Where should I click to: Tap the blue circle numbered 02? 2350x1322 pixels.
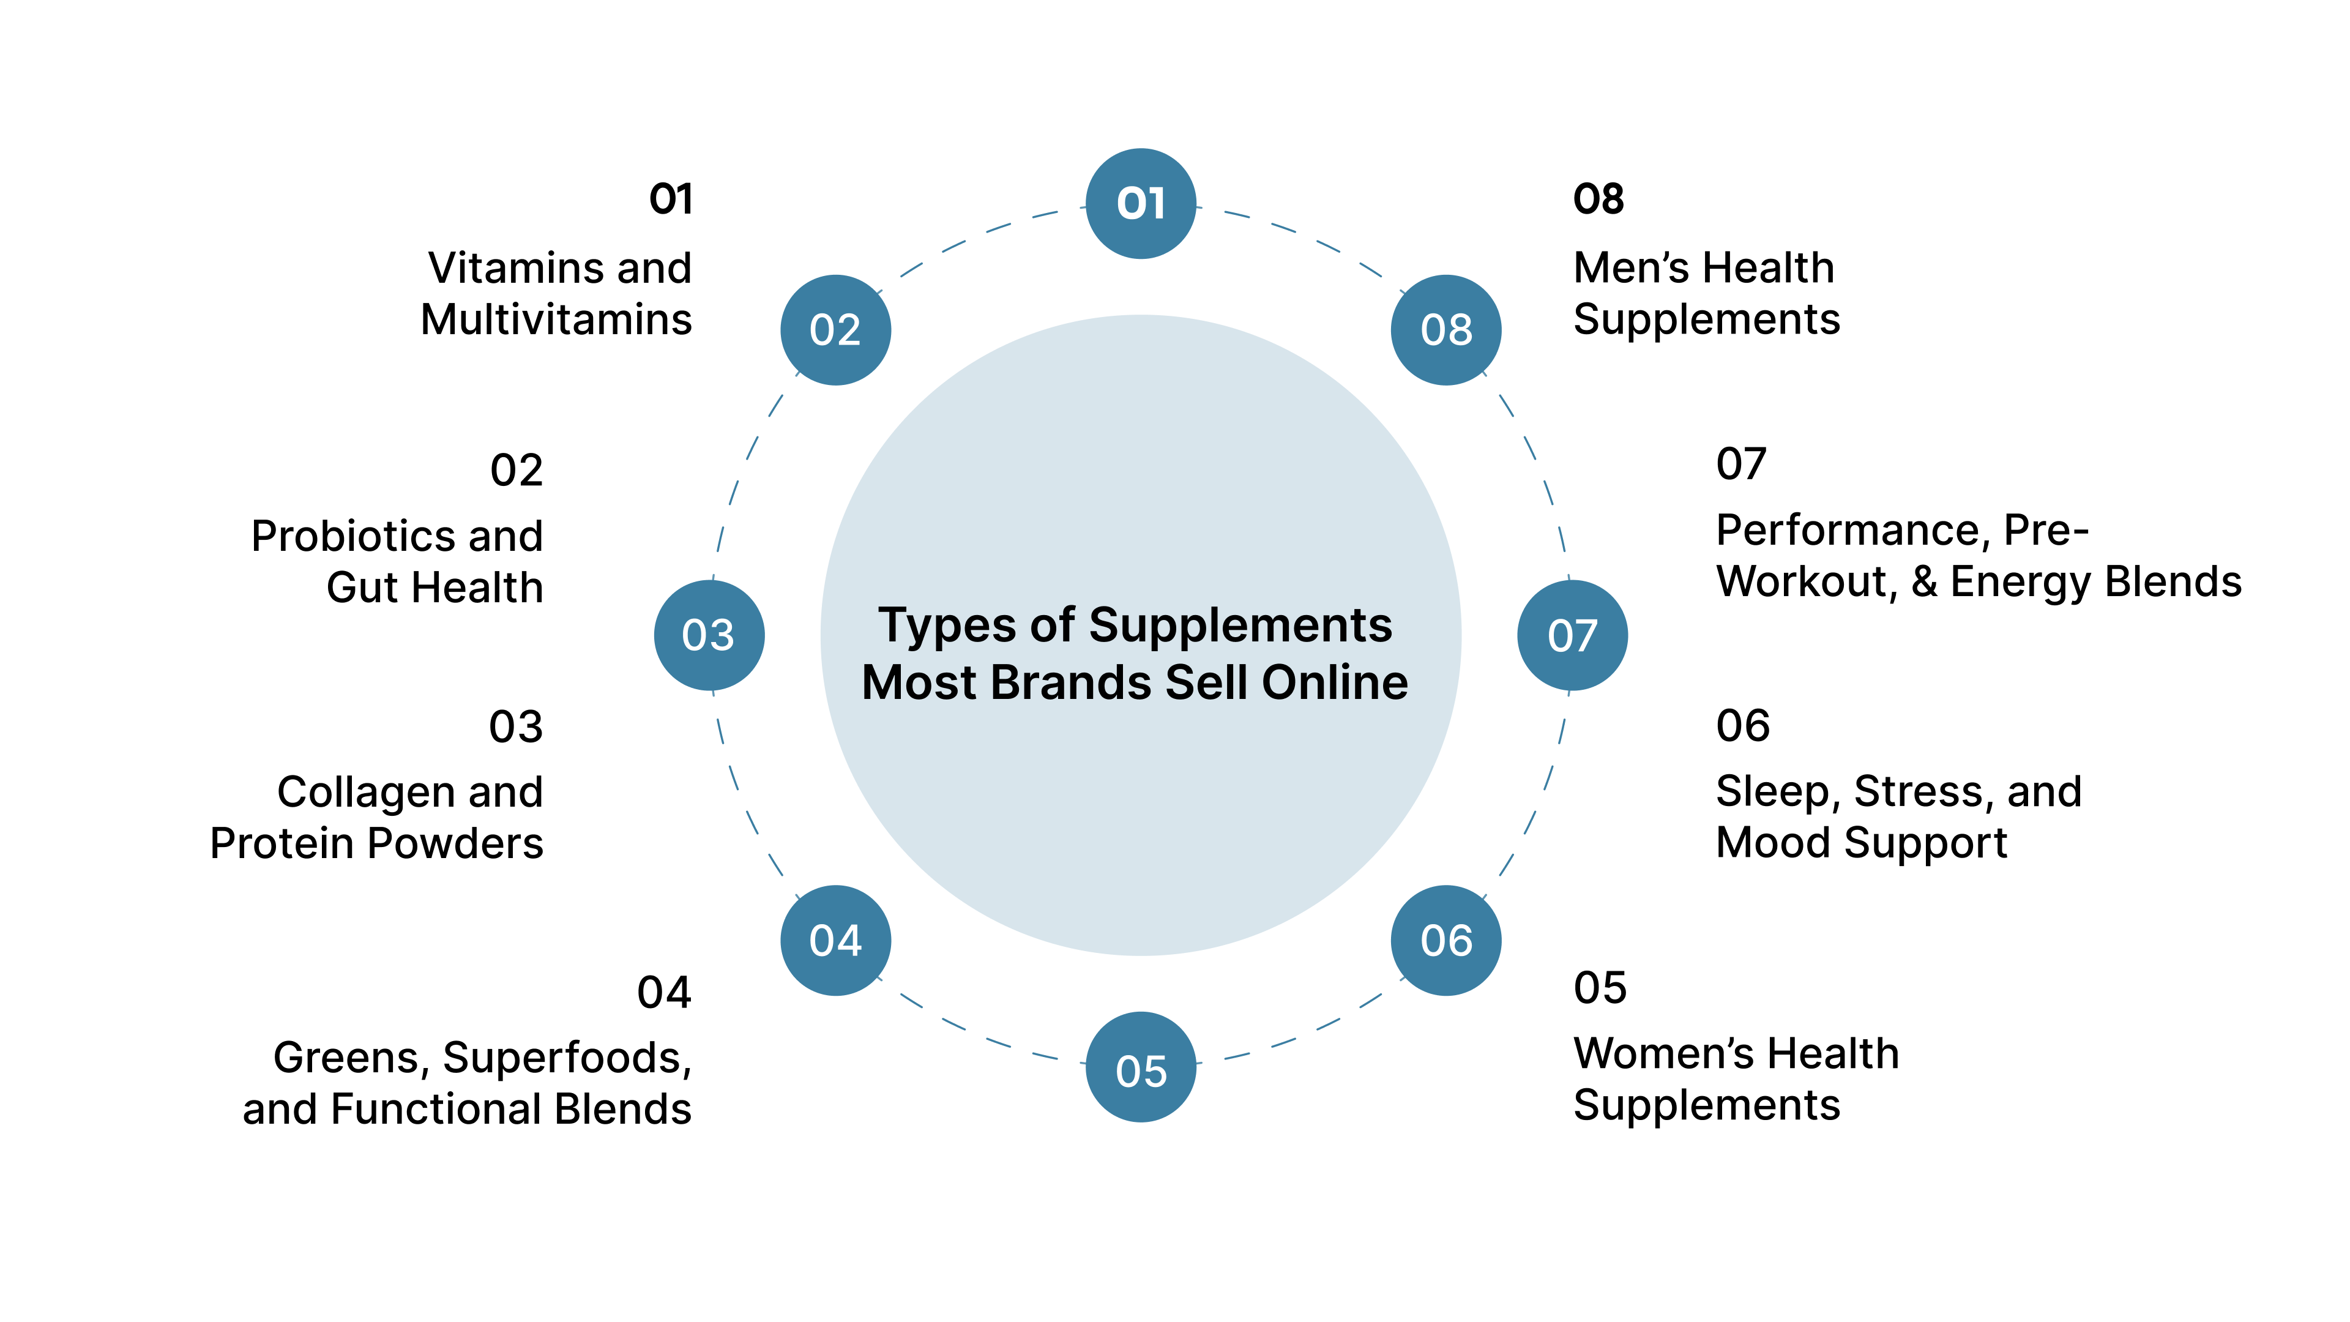(x=835, y=329)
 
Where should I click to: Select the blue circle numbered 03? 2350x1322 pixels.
(x=709, y=635)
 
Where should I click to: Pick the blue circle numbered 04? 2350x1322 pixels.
(x=835, y=939)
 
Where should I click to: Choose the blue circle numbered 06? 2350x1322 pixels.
(x=1446, y=939)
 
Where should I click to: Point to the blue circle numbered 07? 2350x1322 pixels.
(x=1572, y=635)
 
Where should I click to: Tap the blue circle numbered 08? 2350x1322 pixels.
(x=1446, y=329)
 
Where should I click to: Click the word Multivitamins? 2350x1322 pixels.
(x=556, y=319)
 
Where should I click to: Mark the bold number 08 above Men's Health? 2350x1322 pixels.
(x=1598, y=199)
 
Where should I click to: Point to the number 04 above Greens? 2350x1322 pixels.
(x=663, y=993)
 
